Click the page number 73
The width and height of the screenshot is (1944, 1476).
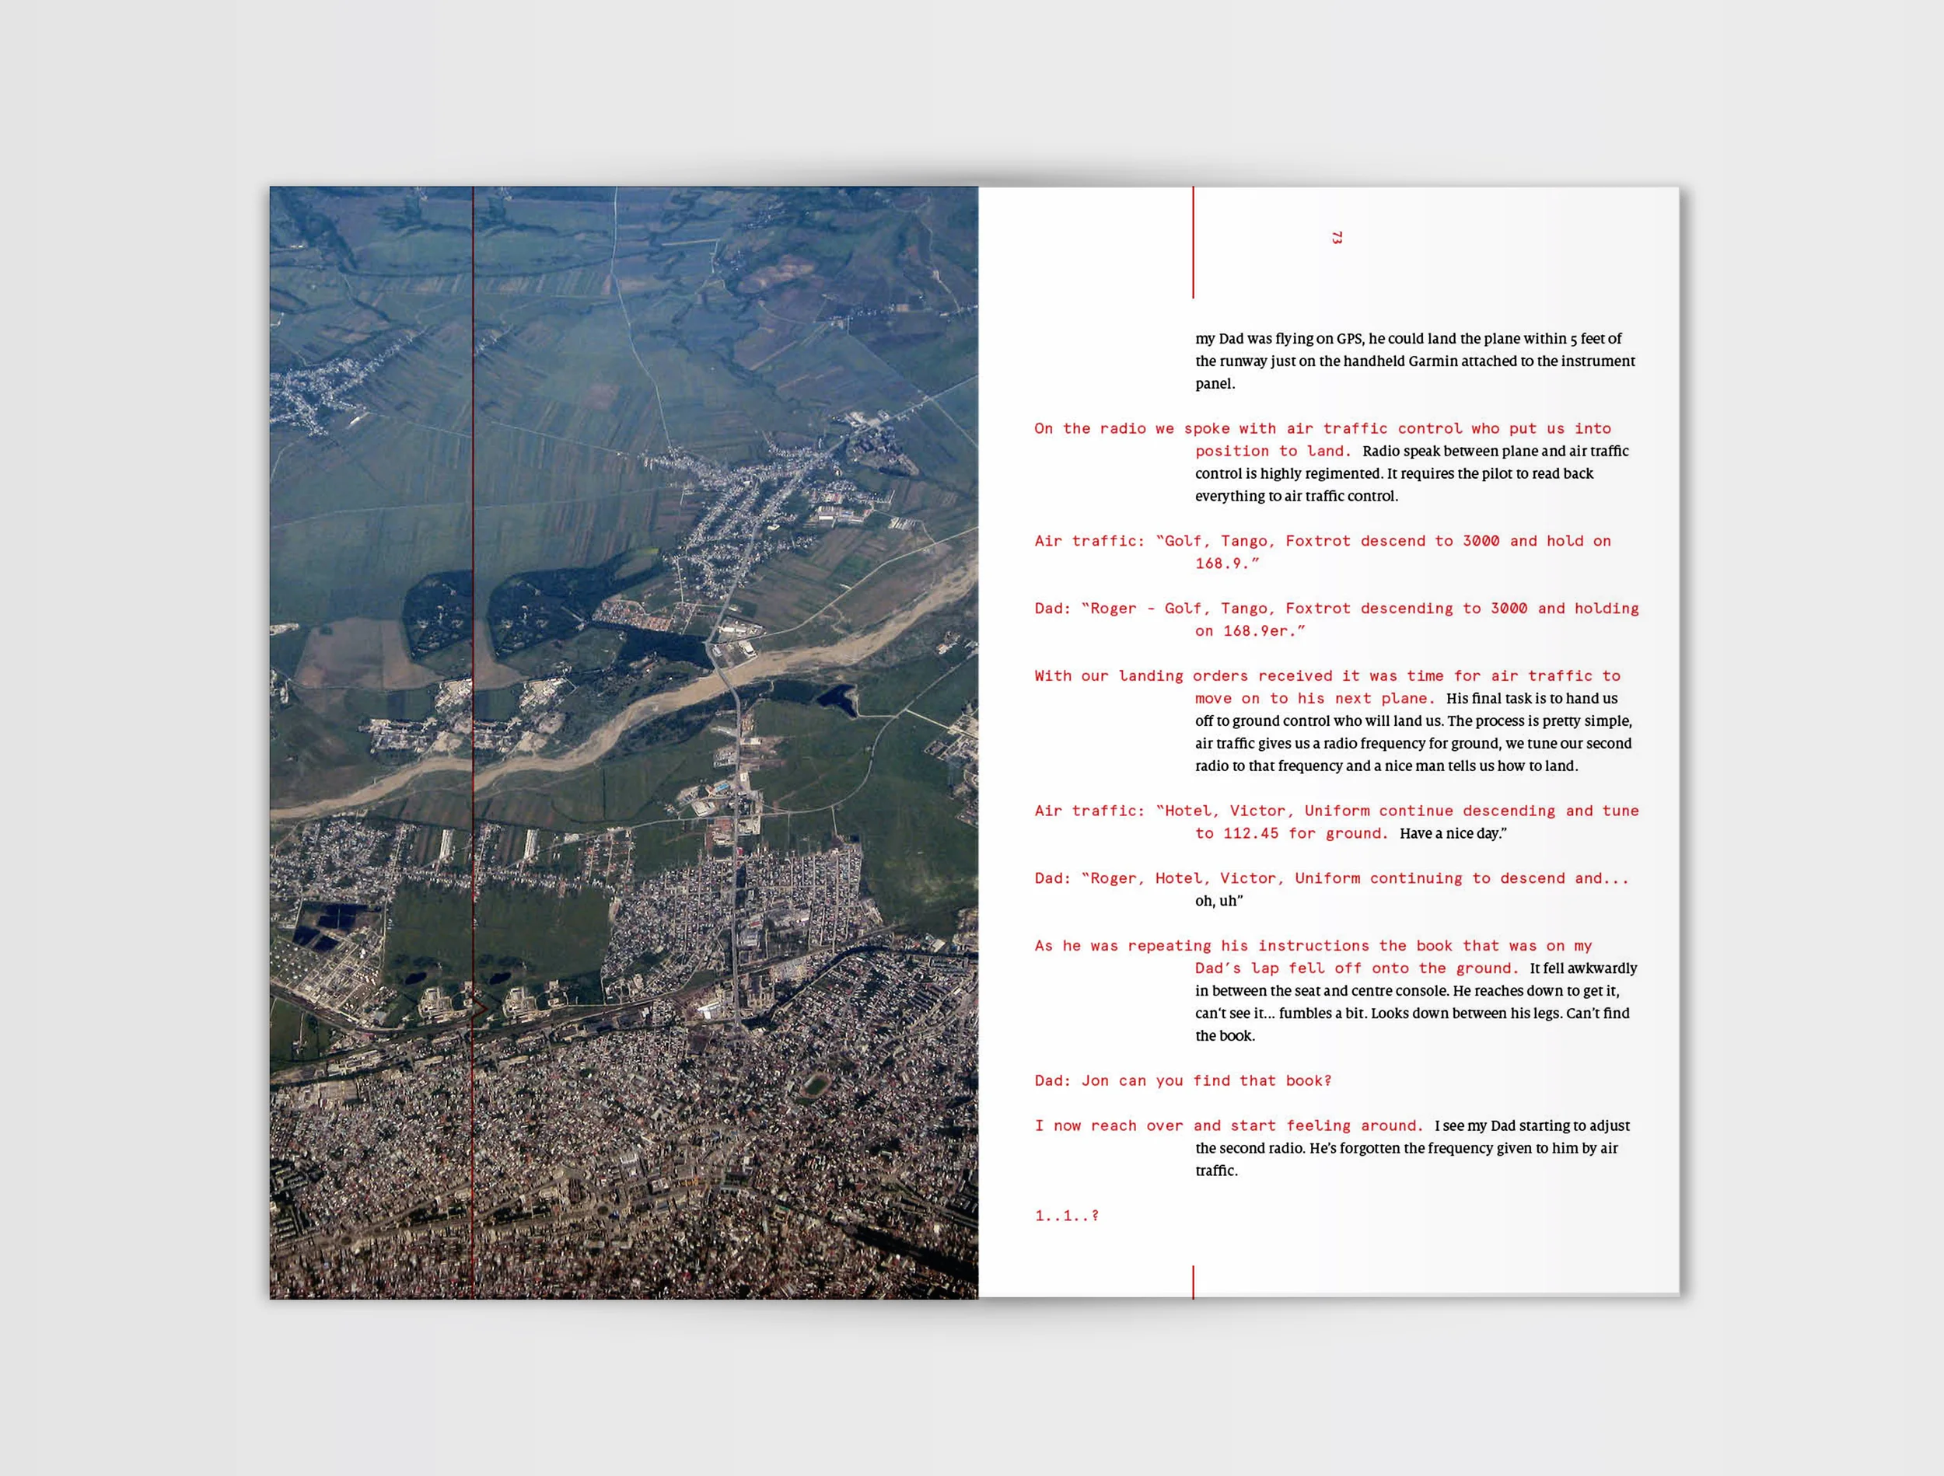1337,237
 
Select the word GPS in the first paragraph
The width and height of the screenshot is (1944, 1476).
1350,339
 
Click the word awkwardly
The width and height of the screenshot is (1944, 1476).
1602,968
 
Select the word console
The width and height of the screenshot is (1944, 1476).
1422,991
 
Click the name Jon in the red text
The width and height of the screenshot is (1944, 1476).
1095,1080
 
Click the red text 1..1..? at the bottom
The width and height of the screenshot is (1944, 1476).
1067,1216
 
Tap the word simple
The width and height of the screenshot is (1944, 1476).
1607,721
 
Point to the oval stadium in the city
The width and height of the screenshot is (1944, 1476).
815,1086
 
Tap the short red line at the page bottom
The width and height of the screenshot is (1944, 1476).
1193,1282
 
